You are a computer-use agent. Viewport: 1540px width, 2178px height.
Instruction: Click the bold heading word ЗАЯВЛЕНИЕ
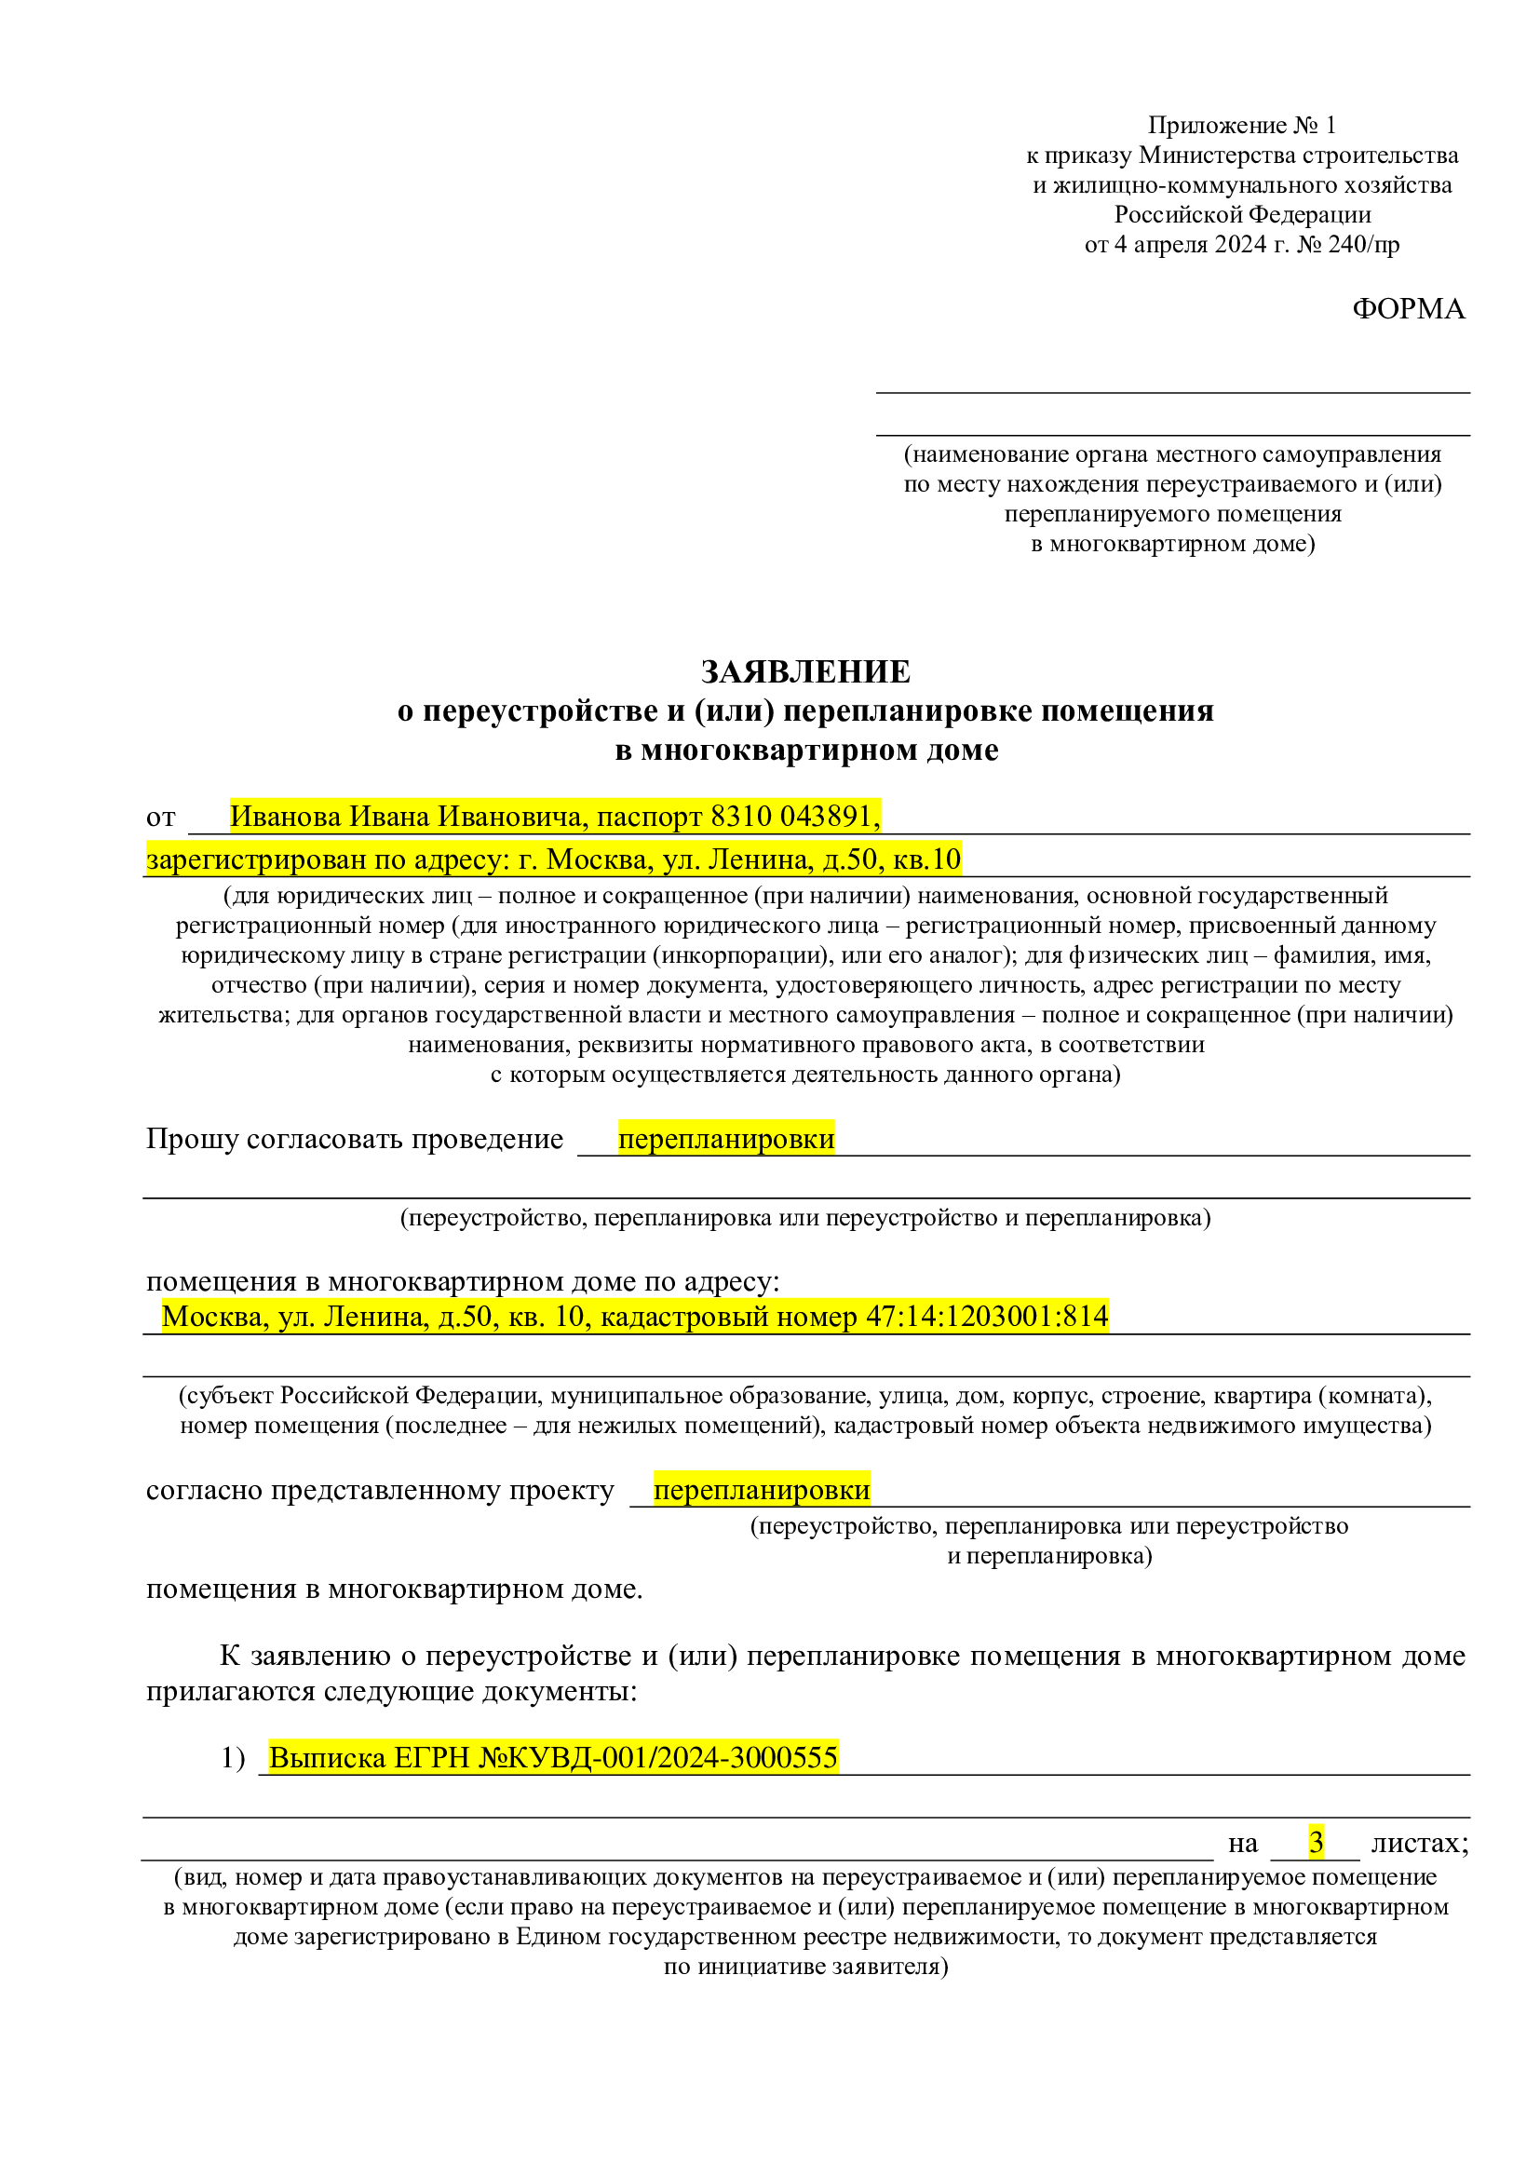(x=805, y=671)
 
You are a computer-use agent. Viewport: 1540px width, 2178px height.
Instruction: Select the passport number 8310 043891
(x=793, y=816)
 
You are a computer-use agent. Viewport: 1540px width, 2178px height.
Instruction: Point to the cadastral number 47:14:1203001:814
(x=986, y=1316)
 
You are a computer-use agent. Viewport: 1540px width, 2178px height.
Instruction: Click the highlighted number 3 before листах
(x=1316, y=1842)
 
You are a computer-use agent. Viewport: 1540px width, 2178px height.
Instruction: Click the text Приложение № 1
(x=1241, y=125)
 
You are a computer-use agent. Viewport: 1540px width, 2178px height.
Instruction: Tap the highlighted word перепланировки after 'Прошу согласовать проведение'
(x=725, y=1138)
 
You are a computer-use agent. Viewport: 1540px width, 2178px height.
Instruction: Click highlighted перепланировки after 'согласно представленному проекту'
(x=762, y=1490)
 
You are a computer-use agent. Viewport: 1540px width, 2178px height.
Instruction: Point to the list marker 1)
(x=234, y=1758)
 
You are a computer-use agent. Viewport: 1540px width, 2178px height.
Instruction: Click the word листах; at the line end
(x=1420, y=1842)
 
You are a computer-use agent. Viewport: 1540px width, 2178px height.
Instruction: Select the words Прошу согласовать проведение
(x=355, y=1138)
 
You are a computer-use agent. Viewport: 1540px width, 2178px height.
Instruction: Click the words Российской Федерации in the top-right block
(x=1242, y=214)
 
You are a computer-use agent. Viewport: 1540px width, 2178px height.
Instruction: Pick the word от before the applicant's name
(x=161, y=817)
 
